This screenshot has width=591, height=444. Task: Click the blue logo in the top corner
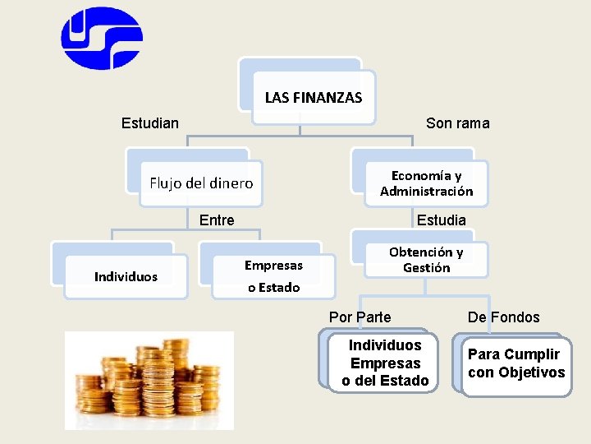point(102,38)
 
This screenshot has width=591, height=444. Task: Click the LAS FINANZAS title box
point(313,97)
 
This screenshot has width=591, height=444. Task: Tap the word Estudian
point(149,123)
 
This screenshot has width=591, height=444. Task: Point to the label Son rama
point(457,123)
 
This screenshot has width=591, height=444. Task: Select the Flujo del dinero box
point(200,183)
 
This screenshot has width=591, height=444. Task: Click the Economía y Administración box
point(426,183)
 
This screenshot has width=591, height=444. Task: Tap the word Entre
point(217,220)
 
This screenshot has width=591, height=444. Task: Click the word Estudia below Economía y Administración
point(441,220)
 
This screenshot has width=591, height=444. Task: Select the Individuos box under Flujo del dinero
point(126,276)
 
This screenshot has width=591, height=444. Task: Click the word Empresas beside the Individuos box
point(273,265)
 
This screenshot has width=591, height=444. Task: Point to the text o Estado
point(273,288)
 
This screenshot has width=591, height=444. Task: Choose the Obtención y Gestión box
point(425,260)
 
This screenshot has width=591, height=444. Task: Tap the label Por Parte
point(360,317)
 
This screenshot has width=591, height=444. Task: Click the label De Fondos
point(503,317)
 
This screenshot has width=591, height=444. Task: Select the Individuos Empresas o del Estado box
point(385,363)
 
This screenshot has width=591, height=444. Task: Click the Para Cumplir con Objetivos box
point(515,363)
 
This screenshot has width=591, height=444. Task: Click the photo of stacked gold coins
point(149,380)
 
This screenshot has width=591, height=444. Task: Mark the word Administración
point(426,191)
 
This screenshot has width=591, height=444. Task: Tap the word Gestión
point(426,267)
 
